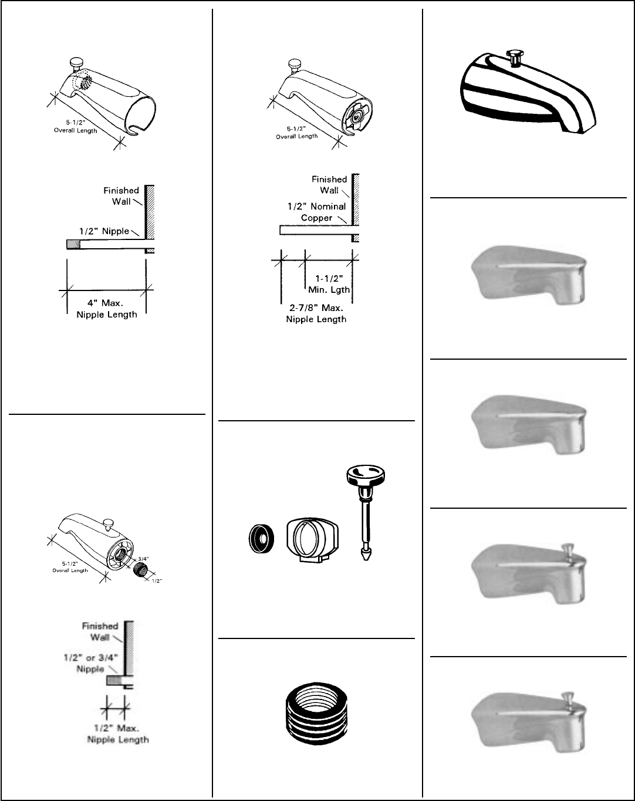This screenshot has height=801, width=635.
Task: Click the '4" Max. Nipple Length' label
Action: pyautogui.click(x=106, y=309)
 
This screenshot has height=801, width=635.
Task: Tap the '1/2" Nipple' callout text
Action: pyautogui.click(x=104, y=231)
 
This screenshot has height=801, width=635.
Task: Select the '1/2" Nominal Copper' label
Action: pyautogui.click(x=316, y=212)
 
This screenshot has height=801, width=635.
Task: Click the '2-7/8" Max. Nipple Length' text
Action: pyautogui.click(x=316, y=313)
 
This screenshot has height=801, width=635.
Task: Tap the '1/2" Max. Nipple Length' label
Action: pyautogui.click(x=117, y=734)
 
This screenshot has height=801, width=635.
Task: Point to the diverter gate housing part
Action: pyautogui.click(x=312, y=539)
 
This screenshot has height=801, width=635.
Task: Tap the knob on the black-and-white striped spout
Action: pyautogui.click(x=516, y=57)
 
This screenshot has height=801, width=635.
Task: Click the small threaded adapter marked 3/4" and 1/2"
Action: pyautogui.click(x=144, y=569)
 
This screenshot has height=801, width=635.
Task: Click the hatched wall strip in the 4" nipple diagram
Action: pyautogui.click(x=150, y=212)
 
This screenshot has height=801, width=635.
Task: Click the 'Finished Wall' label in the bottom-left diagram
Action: pyautogui.click(x=100, y=631)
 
